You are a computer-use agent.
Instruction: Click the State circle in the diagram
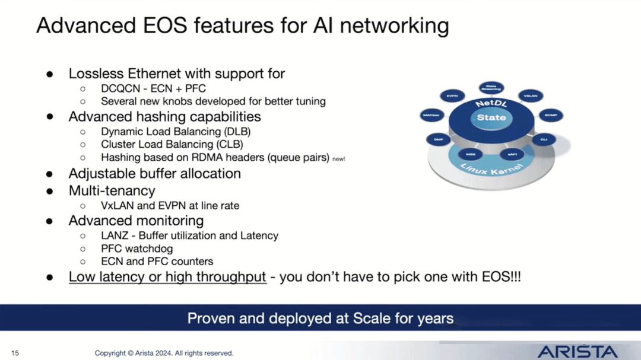[x=491, y=117]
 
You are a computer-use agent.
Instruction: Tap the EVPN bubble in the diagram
[x=452, y=95]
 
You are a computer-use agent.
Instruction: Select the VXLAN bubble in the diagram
[x=530, y=95]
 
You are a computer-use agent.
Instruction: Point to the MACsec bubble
[x=431, y=116]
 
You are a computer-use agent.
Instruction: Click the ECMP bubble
[x=550, y=116]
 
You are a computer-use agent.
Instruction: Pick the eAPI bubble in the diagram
[x=512, y=154]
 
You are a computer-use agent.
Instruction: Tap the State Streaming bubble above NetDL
[x=491, y=88]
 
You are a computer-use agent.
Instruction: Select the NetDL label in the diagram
[x=491, y=104]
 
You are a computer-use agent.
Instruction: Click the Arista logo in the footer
[x=577, y=351]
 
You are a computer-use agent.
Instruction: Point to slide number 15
[x=15, y=353]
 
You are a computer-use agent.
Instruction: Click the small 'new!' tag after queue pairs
[x=339, y=159]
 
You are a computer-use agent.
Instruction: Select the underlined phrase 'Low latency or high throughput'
[x=167, y=276]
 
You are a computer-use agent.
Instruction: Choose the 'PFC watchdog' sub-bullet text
[x=136, y=249]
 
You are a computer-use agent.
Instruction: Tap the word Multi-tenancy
[x=112, y=190]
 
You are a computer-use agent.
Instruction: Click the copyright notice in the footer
[x=164, y=353]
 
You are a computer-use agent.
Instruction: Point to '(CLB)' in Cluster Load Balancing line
[x=229, y=144]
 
